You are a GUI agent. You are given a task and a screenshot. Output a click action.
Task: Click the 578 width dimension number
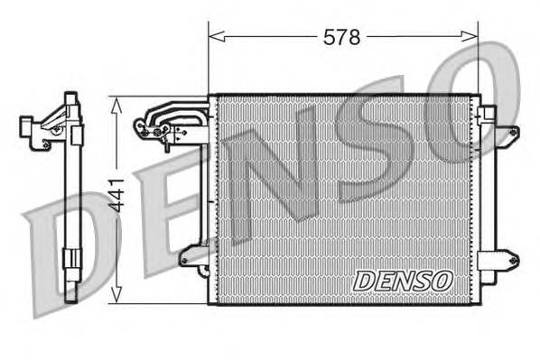click(x=342, y=37)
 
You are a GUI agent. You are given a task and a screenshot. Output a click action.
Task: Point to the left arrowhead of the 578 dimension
click(x=214, y=37)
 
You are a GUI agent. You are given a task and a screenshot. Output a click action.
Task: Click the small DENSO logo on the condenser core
click(x=402, y=281)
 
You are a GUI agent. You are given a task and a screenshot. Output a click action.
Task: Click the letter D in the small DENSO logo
click(x=364, y=281)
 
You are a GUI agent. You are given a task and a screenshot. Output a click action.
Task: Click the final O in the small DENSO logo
click(x=441, y=281)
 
